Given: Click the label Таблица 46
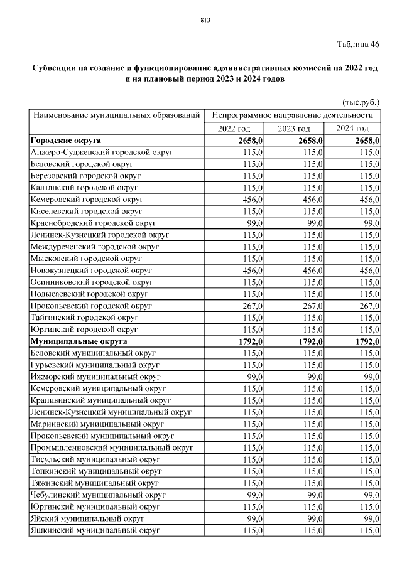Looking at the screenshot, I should pyautogui.click(x=358, y=44).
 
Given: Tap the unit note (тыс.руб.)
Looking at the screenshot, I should pyautogui.click(x=361, y=102).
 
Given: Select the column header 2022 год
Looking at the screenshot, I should pyautogui.click(x=234, y=129).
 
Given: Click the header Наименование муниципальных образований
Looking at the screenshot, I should pyautogui.click(x=117, y=115).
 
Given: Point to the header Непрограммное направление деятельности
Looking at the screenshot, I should pyautogui.click(x=293, y=115).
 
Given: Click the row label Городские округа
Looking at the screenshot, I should pyautogui.click(x=65, y=141).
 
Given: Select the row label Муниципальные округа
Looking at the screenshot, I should pyautogui.click(x=79, y=341).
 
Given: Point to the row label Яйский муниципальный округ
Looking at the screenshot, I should pyautogui.click(x=87, y=519).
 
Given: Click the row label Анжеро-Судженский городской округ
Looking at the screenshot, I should pyautogui.click(x=101, y=153).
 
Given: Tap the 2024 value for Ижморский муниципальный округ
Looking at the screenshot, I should pyautogui.click(x=370, y=377).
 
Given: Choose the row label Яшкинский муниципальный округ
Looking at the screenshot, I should pyautogui.click(x=95, y=531).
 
